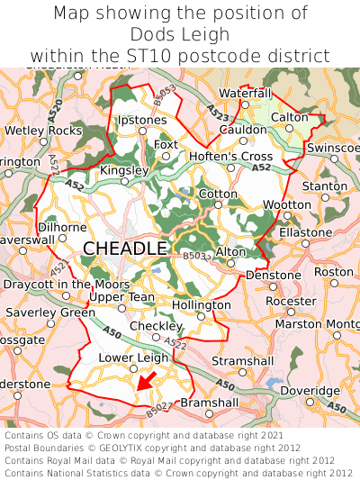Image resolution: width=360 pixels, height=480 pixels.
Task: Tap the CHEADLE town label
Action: pyautogui.click(x=125, y=249)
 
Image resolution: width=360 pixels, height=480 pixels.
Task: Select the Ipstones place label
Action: pyautogui.click(x=142, y=120)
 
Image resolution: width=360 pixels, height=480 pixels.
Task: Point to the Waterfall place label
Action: pyautogui.click(x=244, y=93)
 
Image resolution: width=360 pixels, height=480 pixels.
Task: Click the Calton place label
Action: pyautogui.click(x=289, y=117)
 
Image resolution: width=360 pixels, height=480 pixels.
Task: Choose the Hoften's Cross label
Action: pyautogui.click(x=230, y=156)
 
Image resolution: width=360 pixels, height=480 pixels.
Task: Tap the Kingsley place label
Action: pyautogui.click(x=123, y=170)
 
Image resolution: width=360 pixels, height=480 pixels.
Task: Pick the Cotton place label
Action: pyautogui.click(x=218, y=194)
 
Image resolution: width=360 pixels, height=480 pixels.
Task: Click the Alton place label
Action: pyautogui.click(x=230, y=252)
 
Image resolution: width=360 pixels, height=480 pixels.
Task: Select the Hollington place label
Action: pyautogui.click(x=202, y=305)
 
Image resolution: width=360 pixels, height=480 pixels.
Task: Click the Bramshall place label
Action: pyautogui.click(x=210, y=403)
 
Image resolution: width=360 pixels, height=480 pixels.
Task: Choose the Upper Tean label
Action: pyautogui.click(x=122, y=296)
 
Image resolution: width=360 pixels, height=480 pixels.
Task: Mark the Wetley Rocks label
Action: pyautogui.click(x=43, y=131)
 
